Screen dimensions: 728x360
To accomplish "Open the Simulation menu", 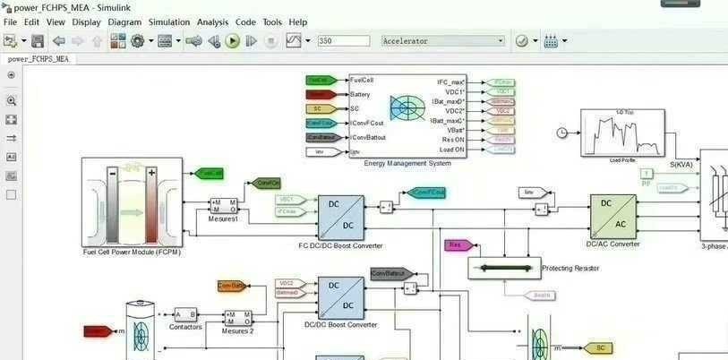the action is [168, 22].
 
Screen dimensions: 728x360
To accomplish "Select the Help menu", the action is [298, 22].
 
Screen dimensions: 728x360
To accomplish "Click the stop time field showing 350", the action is [343, 41].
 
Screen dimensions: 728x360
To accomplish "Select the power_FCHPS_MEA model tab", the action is [39, 59].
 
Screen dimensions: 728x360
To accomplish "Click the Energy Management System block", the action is [407, 115].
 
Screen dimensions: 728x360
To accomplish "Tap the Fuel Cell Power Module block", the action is [132, 202].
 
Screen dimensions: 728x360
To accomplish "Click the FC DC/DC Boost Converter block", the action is [339, 217].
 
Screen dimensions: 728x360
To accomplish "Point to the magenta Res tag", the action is [457, 245].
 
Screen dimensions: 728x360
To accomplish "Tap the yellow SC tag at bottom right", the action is [598, 347].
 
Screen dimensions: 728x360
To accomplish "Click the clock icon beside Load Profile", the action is [561, 133].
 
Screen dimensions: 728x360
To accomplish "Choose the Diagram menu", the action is [124, 22].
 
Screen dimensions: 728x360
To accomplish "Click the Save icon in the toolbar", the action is [38, 41].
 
